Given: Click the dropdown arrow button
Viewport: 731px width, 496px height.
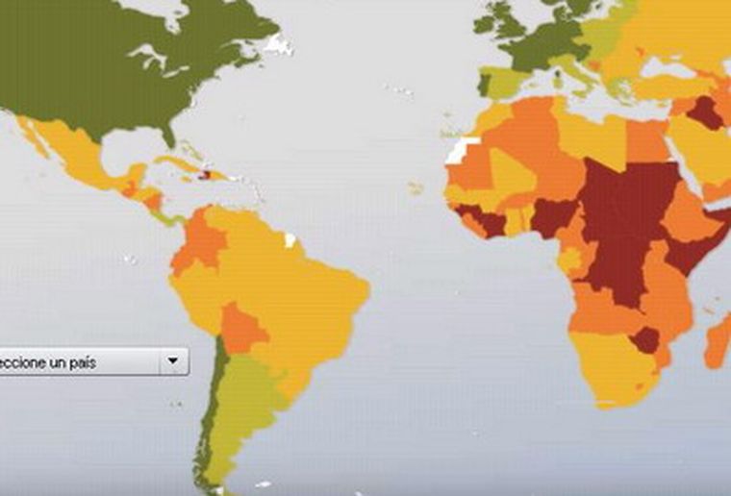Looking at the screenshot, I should click(173, 361).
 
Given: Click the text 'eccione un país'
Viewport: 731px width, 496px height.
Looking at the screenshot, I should click(48, 362).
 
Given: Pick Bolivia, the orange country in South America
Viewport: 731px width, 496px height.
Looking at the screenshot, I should click(242, 328).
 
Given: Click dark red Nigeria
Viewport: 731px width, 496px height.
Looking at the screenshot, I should click(554, 217).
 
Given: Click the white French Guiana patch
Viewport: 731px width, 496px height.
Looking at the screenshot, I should click(291, 236).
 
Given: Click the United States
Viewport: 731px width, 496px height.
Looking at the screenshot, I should click(115, 77).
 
